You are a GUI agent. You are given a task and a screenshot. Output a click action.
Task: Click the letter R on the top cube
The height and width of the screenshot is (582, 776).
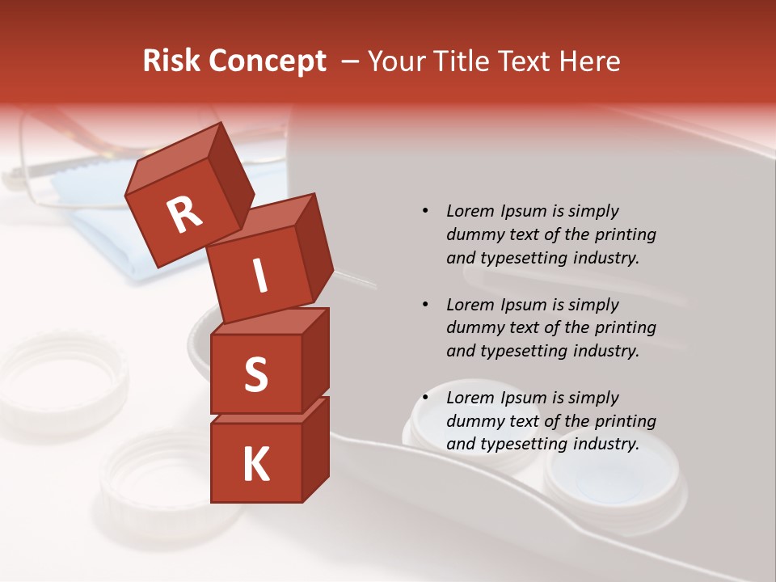184,215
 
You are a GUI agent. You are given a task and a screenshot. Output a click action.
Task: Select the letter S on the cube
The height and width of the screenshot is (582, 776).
255,374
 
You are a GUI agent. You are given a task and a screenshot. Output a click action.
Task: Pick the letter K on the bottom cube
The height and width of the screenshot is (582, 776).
255,465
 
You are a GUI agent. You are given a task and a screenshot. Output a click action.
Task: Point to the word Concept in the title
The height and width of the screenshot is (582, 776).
266,61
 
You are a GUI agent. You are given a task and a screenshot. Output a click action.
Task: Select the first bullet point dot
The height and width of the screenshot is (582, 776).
425,211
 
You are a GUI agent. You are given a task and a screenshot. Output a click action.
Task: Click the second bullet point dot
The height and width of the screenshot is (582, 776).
425,305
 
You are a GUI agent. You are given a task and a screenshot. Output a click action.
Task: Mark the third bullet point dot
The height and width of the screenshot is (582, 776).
425,398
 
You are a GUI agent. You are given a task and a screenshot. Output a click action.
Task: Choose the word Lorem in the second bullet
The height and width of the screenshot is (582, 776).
469,305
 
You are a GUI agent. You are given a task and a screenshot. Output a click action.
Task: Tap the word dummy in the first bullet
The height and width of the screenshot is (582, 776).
474,234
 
